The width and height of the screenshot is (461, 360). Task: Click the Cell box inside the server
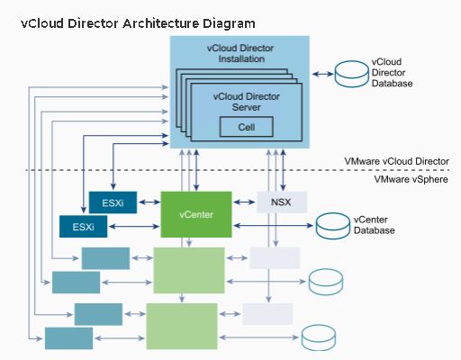(247, 127)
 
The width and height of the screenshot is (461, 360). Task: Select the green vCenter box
(196, 214)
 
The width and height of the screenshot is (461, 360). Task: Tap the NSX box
(282, 202)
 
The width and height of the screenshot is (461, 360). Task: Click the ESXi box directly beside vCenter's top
(113, 202)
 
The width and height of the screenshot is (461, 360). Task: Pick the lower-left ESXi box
(83, 227)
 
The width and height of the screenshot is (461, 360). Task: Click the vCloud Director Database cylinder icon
(351, 74)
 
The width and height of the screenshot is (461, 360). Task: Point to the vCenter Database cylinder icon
(333, 226)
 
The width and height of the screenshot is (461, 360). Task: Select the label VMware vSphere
(411, 179)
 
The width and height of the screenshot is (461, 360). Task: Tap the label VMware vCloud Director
(397, 161)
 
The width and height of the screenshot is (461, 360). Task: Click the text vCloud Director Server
(247, 102)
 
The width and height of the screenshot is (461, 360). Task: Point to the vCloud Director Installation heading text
(240, 53)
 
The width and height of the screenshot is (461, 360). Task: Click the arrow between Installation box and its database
(322, 74)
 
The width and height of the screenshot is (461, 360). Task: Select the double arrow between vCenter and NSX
(244, 202)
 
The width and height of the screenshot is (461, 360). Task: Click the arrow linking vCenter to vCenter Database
(274, 225)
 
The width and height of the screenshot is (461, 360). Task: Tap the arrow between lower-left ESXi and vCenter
(134, 226)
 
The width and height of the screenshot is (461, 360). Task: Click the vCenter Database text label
(374, 225)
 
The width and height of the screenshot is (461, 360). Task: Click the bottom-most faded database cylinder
(319, 337)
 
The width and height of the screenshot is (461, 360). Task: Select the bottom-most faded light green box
(182, 326)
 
